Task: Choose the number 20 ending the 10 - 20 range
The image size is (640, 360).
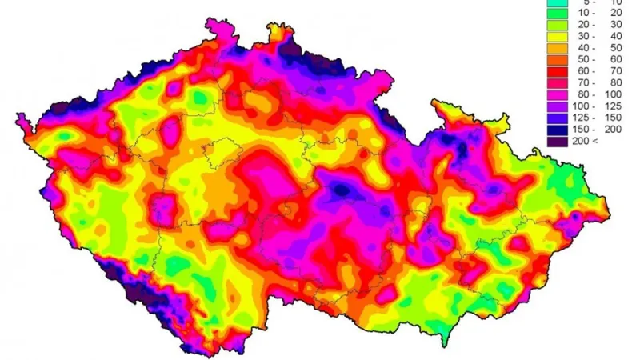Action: [x=614, y=13]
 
